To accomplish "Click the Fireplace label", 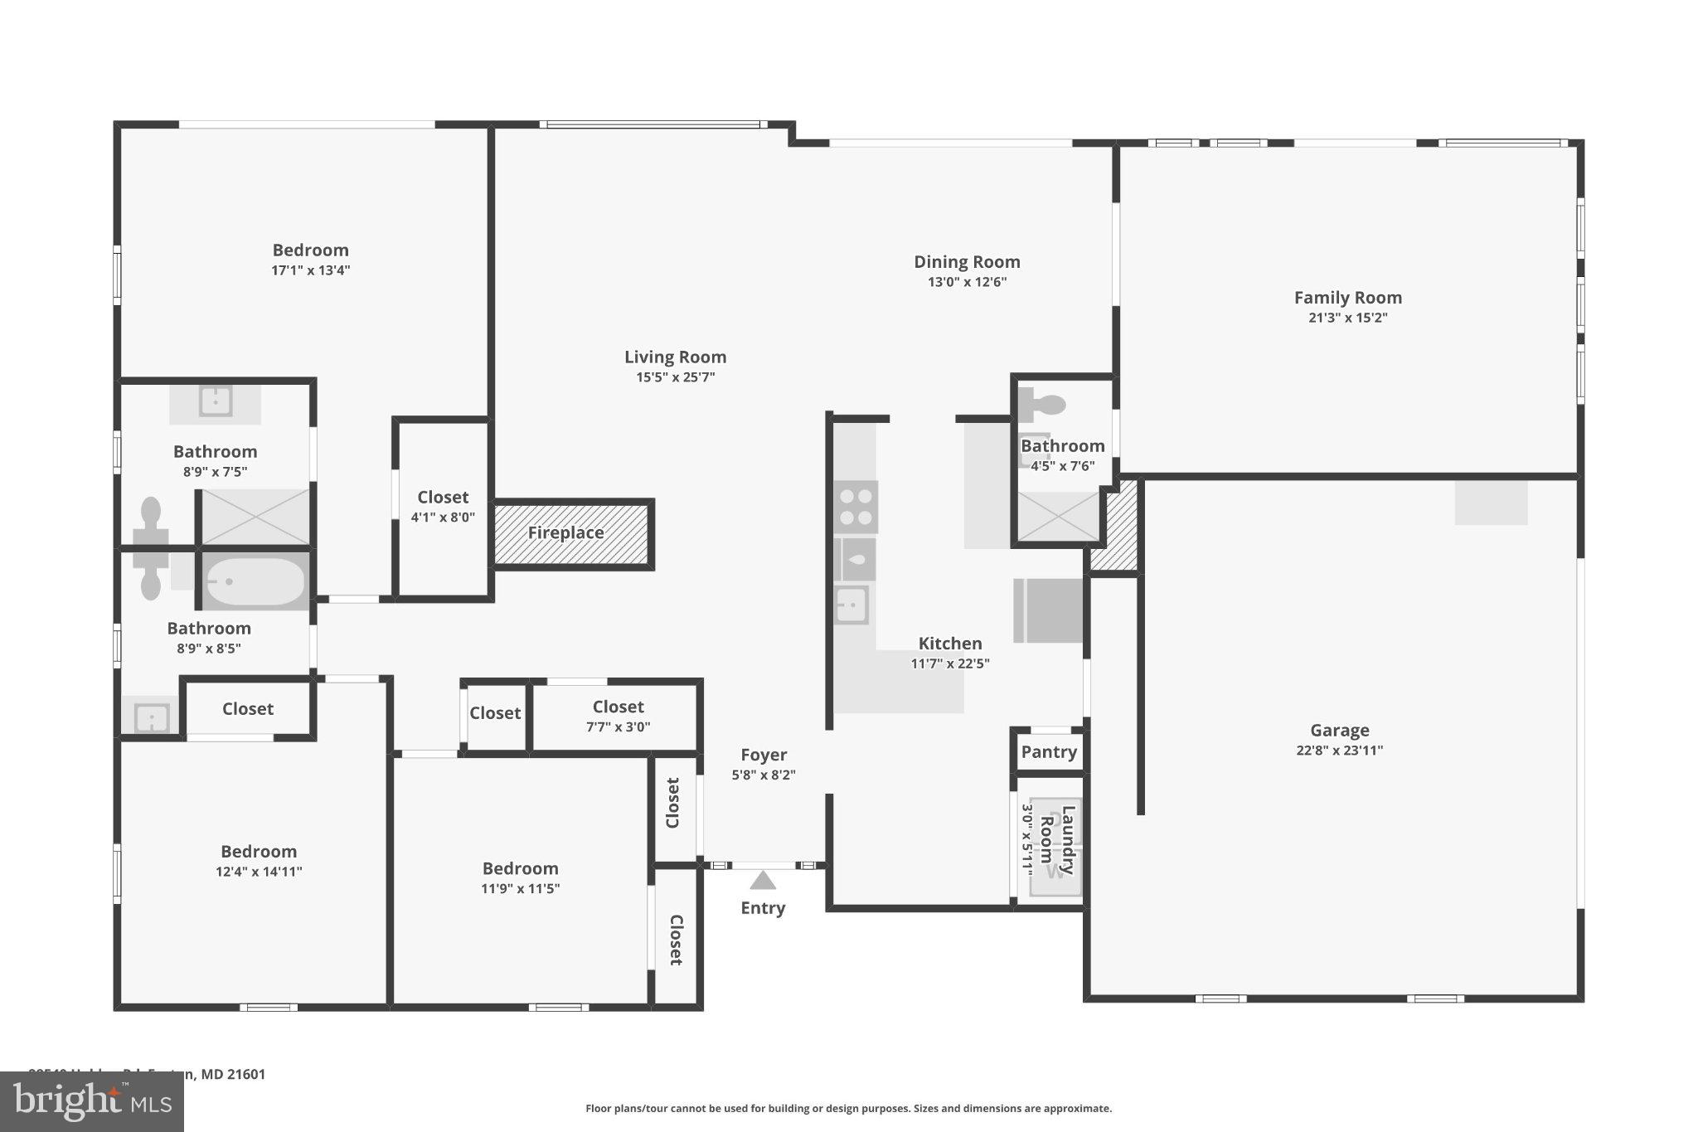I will click(x=565, y=533).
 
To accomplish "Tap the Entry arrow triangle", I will click(x=763, y=880).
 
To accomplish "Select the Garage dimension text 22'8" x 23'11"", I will click(x=1339, y=751).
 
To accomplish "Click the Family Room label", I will click(x=1347, y=298).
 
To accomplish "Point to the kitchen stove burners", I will click(x=856, y=507).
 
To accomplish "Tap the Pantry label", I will click(x=1049, y=752).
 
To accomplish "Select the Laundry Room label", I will click(x=1058, y=839).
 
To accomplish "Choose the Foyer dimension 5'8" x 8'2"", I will click(x=763, y=775).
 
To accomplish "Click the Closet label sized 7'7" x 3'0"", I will click(x=618, y=707).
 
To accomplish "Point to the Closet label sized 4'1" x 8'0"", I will click(x=443, y=498).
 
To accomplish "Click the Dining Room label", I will click(x=967, y=262).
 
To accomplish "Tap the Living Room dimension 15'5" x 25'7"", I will click(x=675, y=377).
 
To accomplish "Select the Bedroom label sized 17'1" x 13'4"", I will click(x=310, y=250).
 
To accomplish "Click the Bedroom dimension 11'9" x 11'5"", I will click(x=520, y=889).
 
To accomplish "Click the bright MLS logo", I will click(x=92, y=1102).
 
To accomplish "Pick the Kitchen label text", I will click(x=950, y=644).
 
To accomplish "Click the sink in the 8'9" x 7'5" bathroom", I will click(x=216, y=402).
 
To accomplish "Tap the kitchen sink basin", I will click(x=851, y=605).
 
